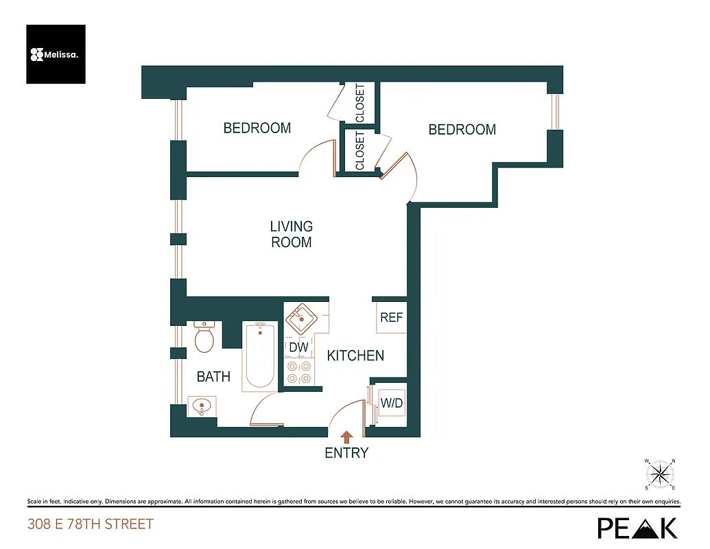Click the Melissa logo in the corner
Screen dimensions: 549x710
(x=56, y=54)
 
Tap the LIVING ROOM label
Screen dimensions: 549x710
(x=291, y=234)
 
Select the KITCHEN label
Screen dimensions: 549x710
(x=355, y=355)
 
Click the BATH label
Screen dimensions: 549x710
(x=213, y=377)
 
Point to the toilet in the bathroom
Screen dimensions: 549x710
(x=205, y=336)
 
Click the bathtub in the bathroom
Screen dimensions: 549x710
(x=260, y=355)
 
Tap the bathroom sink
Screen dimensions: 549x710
(x=201, y=406)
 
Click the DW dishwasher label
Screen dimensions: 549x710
(x=298, y=348)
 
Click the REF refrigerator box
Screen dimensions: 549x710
(x=391, y=318)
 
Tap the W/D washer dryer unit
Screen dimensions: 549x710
(x=391, y=403)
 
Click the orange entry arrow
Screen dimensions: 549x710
(x=347, y=436)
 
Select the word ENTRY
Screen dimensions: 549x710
(x=346, y=453)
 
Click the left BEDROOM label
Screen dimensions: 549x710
(x=257, y=128)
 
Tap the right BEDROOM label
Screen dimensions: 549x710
(x=462, y=130)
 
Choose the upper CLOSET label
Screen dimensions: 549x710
(x=360, y=104)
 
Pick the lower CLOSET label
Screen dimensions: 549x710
(x=360, y=151)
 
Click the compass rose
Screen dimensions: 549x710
(x=660, y=473)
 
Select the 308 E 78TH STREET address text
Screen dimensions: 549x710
(x=91, y=525)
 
